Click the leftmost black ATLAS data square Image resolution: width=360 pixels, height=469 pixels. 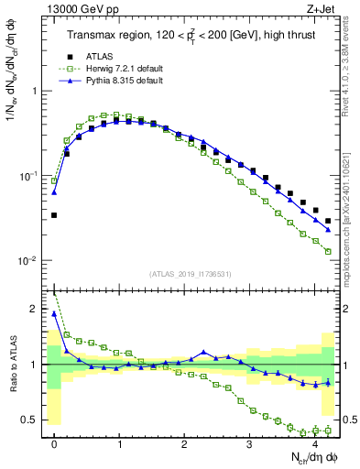54,215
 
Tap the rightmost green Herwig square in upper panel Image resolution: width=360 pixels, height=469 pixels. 328,251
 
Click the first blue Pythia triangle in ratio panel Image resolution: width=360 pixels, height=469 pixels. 54,313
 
